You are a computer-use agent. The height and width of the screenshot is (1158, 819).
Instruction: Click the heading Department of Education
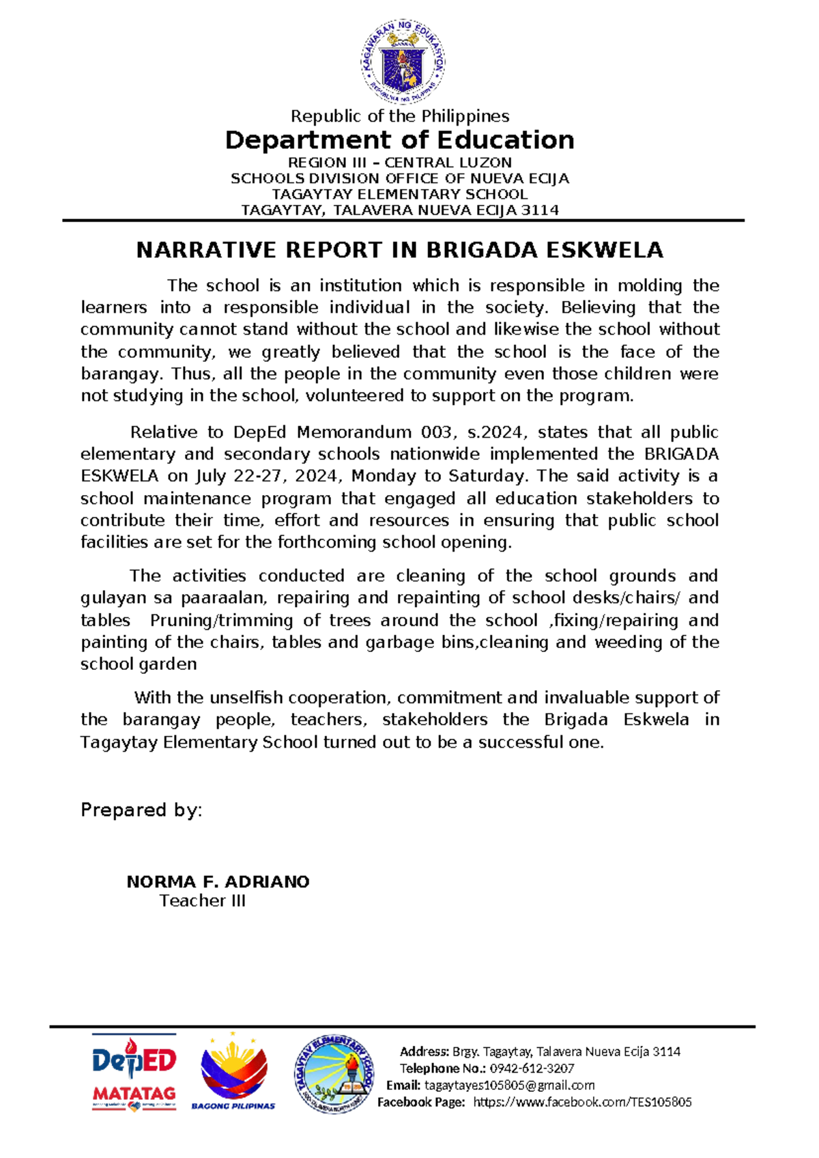[x=400, y=140]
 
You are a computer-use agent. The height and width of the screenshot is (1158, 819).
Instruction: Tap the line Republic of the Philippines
[x=400, y=116]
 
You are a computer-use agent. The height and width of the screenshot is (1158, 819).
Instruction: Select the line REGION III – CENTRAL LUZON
[x=400, y=163]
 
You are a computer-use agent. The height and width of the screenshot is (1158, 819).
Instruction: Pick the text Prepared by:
[x=141, y=810]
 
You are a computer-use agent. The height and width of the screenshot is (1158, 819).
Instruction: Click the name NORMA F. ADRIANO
[x=218, y=881]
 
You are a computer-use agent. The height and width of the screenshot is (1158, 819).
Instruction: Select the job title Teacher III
[x=203, y=901]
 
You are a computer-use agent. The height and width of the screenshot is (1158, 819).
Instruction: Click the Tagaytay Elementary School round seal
[x=334, y=1073]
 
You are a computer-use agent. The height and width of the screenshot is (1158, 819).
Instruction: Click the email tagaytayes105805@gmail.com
[x=509, y=1086]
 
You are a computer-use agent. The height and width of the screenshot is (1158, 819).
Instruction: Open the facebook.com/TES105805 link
[x=582, y=1102]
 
